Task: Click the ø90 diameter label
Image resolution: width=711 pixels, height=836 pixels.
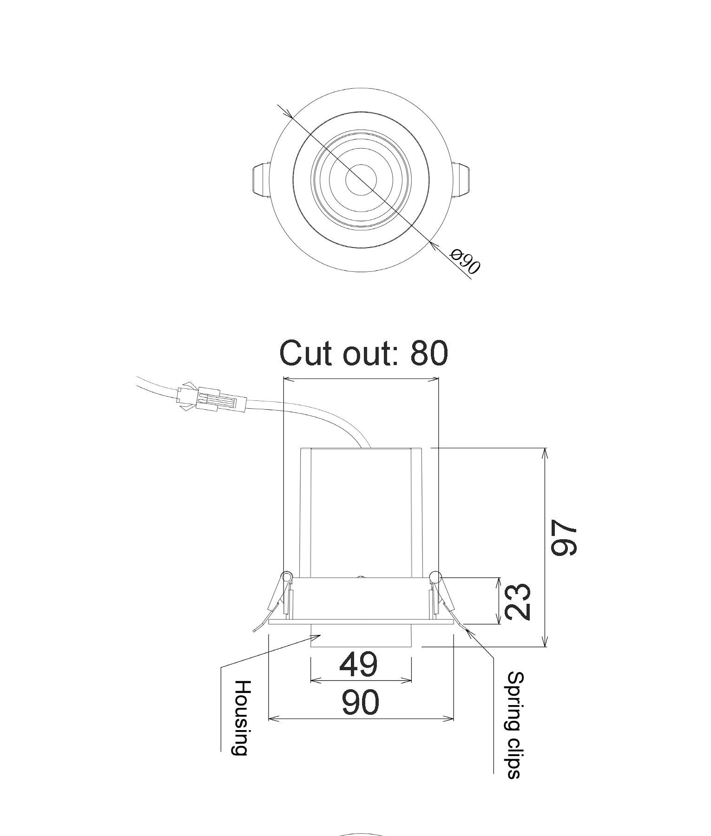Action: [465, 261]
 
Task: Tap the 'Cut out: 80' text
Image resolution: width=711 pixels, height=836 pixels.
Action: [363, 353]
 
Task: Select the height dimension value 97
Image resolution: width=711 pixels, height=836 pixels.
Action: [564, 538]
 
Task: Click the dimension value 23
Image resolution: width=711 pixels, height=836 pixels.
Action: [517, 601]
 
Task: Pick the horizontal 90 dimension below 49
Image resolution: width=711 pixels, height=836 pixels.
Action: [360, 702]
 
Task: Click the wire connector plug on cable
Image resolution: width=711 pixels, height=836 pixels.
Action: [211, 398]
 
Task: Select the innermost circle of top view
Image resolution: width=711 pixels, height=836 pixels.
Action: [361, 179]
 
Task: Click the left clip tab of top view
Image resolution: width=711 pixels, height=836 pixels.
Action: [261, 179]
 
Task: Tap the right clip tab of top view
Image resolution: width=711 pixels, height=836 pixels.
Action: [462, 179]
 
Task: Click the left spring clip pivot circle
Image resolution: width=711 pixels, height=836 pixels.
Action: [287, 577]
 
